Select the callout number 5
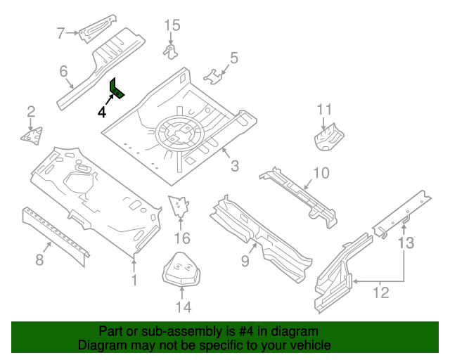[234, 58]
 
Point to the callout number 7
[60, 32]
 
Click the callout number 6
[63, 71]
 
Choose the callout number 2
[31, 110]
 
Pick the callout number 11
[323, 109]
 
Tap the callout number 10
[321, 173]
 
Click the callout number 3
[235, 166]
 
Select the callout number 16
[182, 238]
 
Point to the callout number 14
[183, 307]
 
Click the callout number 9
[245, 262]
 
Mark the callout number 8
[39, 261]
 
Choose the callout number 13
[406, 243]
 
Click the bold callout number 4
[103, 112]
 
